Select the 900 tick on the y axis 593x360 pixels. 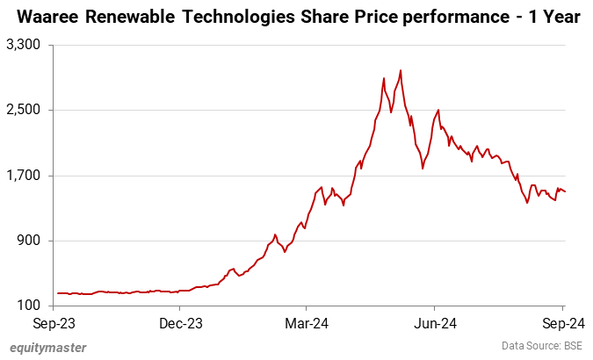coord(32,241)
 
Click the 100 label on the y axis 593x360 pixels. coord(32,306)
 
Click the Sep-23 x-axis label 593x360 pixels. coord(54,321)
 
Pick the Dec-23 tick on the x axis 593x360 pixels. coord(179,321)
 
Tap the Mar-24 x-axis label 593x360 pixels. coord(307,321)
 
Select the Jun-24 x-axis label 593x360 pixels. coord(435,321)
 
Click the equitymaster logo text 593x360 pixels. coord(48,348)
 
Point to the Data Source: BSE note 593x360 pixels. coord(541,346)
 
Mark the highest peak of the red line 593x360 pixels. coord(401,70)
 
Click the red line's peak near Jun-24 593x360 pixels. coord(438,110)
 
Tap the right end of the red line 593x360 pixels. coord(565,192)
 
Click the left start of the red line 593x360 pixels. coord(57,293)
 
